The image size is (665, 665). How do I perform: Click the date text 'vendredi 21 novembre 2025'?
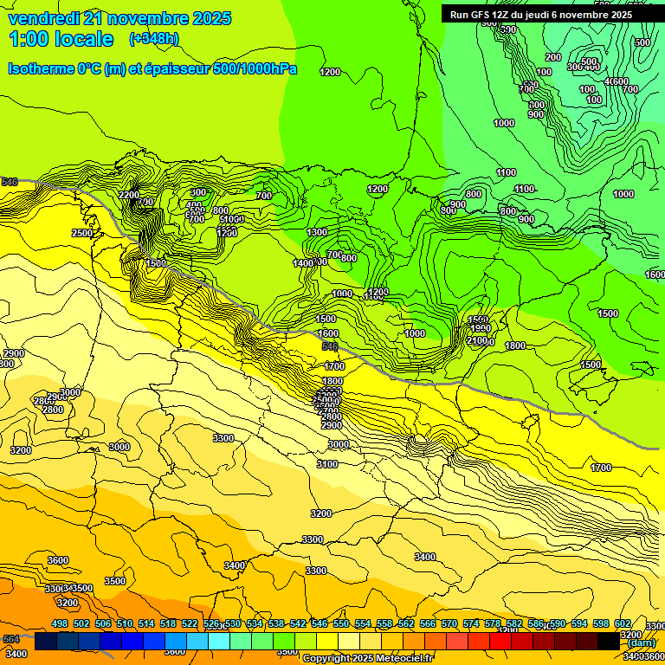119,18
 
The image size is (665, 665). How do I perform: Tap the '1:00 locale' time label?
61,39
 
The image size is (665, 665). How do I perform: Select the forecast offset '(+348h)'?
154,39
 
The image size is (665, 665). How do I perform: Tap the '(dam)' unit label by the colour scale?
641,642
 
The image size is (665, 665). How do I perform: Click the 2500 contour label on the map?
82,234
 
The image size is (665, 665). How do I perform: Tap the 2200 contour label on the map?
129,195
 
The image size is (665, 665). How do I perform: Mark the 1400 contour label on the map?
303,263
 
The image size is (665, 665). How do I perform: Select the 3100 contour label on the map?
327,465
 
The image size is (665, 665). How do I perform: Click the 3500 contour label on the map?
114,581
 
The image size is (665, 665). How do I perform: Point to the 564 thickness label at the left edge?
10,639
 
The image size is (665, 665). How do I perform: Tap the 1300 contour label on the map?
317,233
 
